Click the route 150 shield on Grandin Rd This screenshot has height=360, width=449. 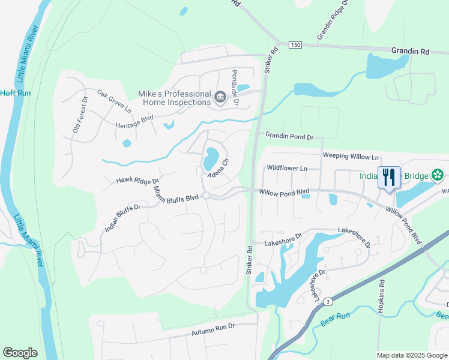(x=294, y=45)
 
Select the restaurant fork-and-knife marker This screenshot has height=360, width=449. (x=390, y=178)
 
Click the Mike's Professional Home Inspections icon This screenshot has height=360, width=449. (x=220, y=97)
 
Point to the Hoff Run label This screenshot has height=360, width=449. (x=15, y=93)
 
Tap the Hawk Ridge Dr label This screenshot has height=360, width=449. (x=137, y=180)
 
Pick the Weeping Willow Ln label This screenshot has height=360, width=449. (x=351, y=156)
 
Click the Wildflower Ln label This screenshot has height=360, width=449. (x=286, y=169)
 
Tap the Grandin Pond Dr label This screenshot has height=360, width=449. (x=289, y=137)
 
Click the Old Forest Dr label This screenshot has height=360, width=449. (x=80, y=115)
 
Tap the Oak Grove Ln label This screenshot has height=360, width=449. (x=114, y=102)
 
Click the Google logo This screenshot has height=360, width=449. (x=20, y=353)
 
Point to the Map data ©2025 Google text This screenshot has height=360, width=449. (x=411, y=355)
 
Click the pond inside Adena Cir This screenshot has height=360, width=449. (x=211, y=158)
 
